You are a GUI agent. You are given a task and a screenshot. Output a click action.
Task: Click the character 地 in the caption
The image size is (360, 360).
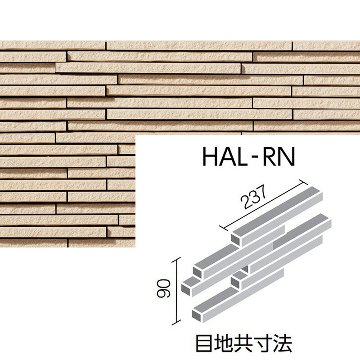pyautogui.click(x=225, y=343)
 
